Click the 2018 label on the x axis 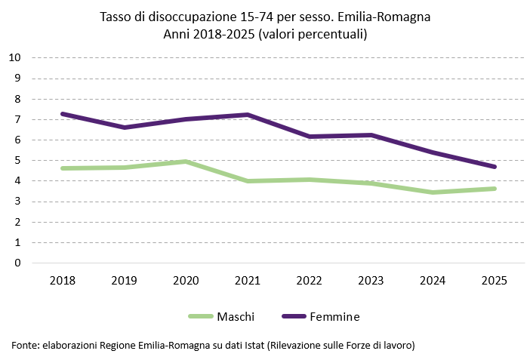click(x=63, y=280)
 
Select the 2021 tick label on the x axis click(x=248, y=280)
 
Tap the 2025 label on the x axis click(x=495, y=280)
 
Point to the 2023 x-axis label click(x=371, y=280)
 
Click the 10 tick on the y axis click(x=14, y=57)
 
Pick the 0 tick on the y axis click(x=17, y=263)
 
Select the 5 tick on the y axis click(x=17, y=160)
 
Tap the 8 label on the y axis click(x=17, y=99)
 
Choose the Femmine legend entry click(x=334, y=315)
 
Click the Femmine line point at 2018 click(x=63, y=114)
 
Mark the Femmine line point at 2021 click(x=248, y=115)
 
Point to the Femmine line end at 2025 click(x=495, y=167)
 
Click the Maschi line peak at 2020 click(x=186, y=162)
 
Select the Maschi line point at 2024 click(x=433, y=192)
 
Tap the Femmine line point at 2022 click(x=310, y=137)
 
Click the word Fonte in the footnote click(x=24, y=345)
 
